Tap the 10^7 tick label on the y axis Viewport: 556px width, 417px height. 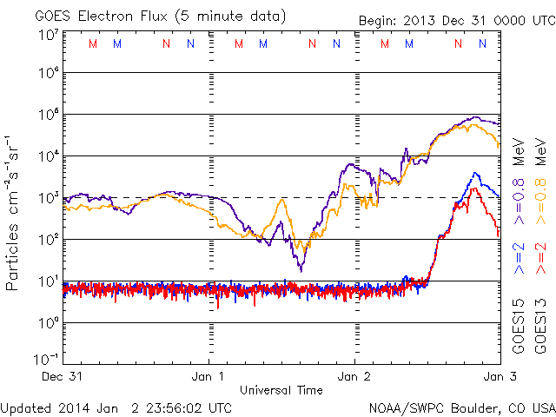pyautogui.click(x=47, y=34)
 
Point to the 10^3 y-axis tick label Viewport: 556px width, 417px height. pyautogui.click(x=47, y=198)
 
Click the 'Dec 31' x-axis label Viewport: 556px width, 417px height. pyautogui.click(x=63, y=376)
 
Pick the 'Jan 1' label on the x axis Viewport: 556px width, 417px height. pyautogui.click(x=208, y=376)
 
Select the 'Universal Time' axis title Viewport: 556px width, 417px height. pyautogui.click(x=281, y=390)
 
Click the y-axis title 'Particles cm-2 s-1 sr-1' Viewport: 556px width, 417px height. pyautogui.click(x=15, y=211)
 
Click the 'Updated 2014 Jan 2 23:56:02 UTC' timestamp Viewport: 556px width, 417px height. pyautogui.click(x=116, y=407)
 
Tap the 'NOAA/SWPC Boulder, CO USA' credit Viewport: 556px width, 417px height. pyautogui.click(x=461, y=407)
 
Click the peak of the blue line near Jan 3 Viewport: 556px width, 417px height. pyautogui.click(x=475, y=173)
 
